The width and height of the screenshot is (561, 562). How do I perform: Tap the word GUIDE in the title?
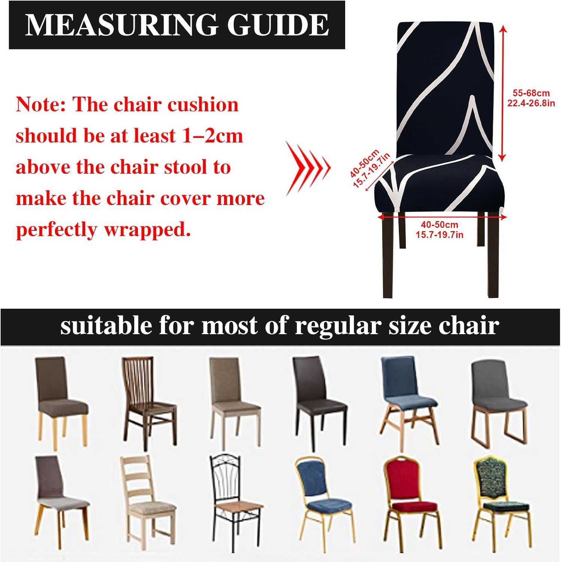[x=278, y=25]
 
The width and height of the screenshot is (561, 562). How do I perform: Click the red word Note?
[x=41, y=105]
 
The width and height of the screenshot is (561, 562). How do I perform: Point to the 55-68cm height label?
[x=531, y=93]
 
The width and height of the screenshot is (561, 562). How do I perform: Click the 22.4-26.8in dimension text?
[x=531, y=103]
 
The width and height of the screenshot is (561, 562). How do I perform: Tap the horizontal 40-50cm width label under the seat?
[x=440, y=225]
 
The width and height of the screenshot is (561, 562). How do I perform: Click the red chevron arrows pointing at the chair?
[x=308, y=168]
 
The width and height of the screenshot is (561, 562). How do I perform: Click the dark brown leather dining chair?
[x=319, y=403]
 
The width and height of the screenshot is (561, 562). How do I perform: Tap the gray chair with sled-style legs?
[x=499, y=403]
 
